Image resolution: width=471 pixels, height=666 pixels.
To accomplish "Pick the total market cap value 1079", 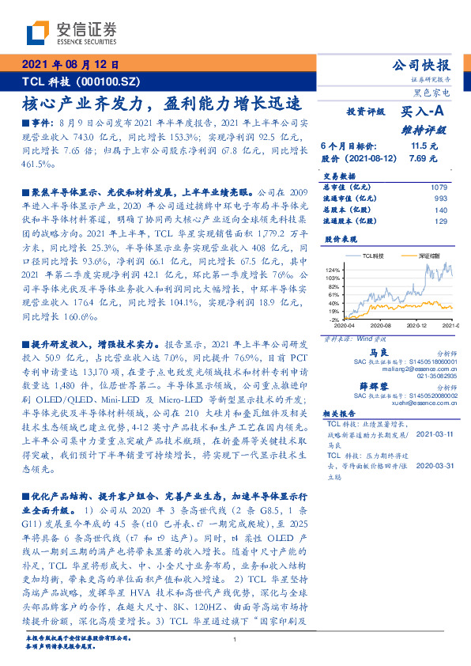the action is click(x=439, y=186).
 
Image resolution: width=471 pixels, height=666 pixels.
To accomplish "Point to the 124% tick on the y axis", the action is click(x=332, y=271).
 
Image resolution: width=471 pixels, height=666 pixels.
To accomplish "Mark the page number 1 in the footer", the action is click(x=236, y=637).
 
